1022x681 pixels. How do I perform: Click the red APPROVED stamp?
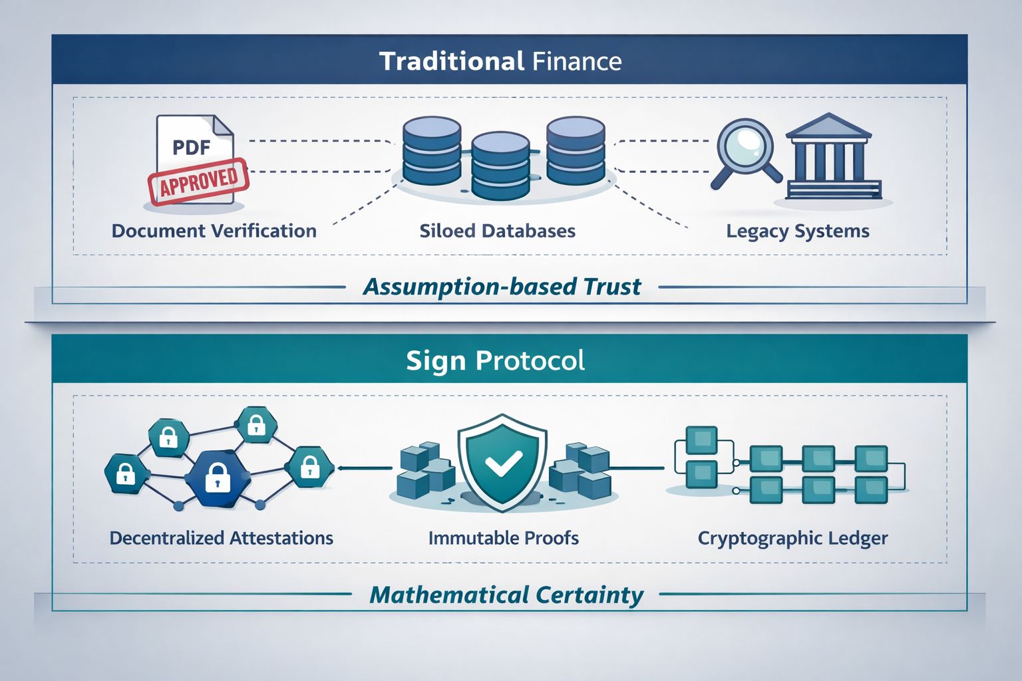(198, 180)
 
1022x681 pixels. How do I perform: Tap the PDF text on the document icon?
(192, 146)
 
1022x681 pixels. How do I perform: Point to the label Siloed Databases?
(497, 231)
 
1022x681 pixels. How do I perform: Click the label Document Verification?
(214, 231)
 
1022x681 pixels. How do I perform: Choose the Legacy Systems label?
(797, 231)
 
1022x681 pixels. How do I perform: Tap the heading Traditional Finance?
(500, 61)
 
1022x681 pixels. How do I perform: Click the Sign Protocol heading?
(496, 360)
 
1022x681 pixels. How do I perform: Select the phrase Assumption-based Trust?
(502, 287)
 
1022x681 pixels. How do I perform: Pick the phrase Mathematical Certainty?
(506, 594)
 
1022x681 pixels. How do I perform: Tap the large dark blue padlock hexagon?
(217, 477)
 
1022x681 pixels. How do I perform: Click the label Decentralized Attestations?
(221, 537)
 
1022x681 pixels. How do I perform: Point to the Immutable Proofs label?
(503, 537)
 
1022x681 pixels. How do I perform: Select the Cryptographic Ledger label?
(792, 537)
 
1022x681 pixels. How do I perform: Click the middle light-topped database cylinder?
(500, 163)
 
